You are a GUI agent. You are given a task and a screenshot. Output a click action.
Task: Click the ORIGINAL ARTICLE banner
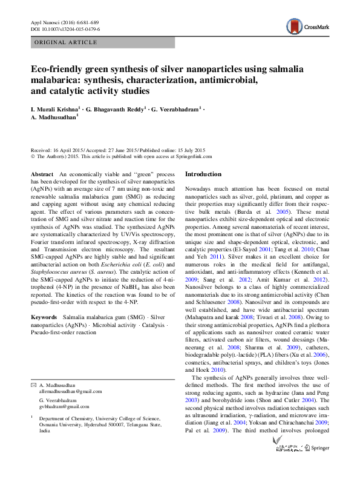pos(67,42)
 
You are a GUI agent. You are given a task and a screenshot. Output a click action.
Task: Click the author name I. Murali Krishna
pos(55,109)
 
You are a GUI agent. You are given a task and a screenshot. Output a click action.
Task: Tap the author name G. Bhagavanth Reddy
pos(117,109)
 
